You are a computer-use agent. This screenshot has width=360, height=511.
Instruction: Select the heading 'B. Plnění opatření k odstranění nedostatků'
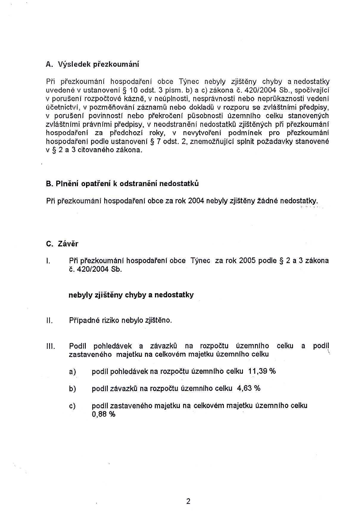(122, 184)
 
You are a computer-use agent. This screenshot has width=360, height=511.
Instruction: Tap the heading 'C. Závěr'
(62, 244)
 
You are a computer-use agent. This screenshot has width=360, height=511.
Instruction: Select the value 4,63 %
(249, 388)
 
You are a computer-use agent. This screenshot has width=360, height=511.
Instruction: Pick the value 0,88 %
(103, 414)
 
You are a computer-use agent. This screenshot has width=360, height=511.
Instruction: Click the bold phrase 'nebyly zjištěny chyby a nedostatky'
(131, 295)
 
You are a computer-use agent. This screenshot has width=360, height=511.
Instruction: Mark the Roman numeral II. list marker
(49, 321)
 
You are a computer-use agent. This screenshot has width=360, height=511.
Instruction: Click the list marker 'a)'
(72, 372)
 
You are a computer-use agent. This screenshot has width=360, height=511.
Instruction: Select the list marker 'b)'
(72, 389)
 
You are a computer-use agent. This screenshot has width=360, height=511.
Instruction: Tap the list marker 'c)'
(72, 406)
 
